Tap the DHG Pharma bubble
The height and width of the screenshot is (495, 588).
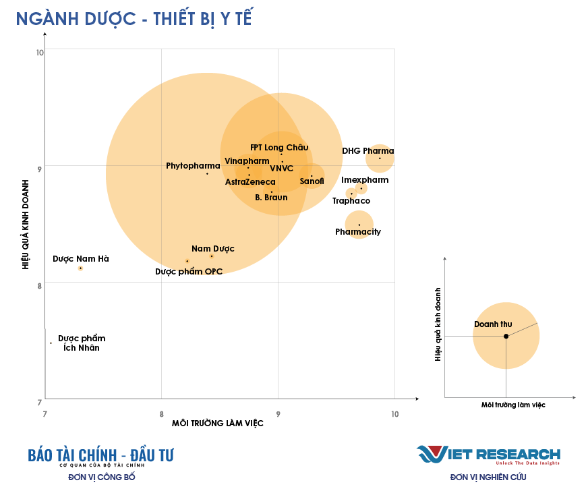(x=380, y=158)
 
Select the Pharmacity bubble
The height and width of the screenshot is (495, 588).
(x=359, y=225)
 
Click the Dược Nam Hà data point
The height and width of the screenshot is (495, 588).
(x=80, y=268)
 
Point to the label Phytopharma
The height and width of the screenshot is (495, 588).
(x=193, y=166)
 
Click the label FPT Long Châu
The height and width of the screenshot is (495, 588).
(x=279, y=148)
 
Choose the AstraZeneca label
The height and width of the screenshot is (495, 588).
(x=250, y=182)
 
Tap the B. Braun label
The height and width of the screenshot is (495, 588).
(x=271, y=198)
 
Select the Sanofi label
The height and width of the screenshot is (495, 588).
(x=312, y=181)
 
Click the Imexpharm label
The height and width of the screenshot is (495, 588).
(x=365, y=180)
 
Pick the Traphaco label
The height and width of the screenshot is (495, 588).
(x=351, y=201)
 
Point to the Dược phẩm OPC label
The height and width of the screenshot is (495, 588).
(x=189, y=272)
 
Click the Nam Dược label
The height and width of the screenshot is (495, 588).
(x=213, y=250)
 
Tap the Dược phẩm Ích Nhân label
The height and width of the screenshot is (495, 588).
(x=82, y=343)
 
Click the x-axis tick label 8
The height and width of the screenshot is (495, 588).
(x=162, y=413)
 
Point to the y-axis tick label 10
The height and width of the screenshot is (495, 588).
(x=40, y=53)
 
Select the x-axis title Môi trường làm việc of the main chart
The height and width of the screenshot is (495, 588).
(x=218, y=423)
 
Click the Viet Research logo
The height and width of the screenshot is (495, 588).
(x=488, y=455)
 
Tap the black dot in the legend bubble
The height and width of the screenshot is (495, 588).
(x=506, y=336)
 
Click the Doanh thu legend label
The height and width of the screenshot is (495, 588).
(x=493, y=324)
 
